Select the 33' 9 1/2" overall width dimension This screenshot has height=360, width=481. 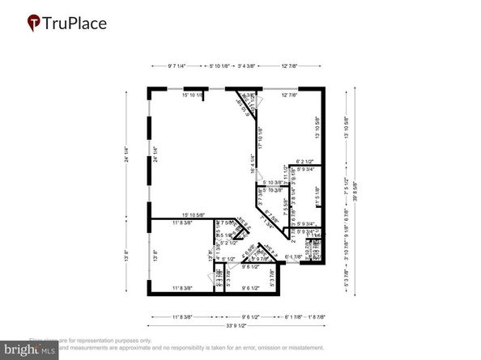[235, 326]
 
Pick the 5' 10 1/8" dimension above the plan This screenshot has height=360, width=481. [219, 66]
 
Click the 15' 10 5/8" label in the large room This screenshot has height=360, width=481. [188, 214]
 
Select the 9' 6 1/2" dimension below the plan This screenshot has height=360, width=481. [255, 317]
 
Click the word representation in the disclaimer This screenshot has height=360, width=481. [95, 341]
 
